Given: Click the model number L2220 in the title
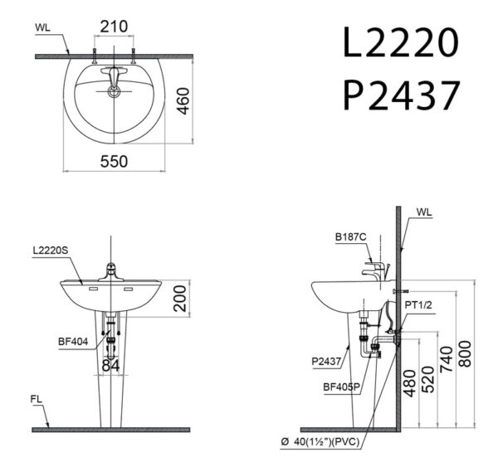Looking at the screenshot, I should point(399,44).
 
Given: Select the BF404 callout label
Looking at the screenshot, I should point(71,339).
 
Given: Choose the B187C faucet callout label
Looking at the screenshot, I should point(352,236).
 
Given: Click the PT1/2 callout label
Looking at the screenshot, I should point(417,305).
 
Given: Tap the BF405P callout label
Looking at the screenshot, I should point(343,385).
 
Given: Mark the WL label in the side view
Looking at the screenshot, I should point(425,212).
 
